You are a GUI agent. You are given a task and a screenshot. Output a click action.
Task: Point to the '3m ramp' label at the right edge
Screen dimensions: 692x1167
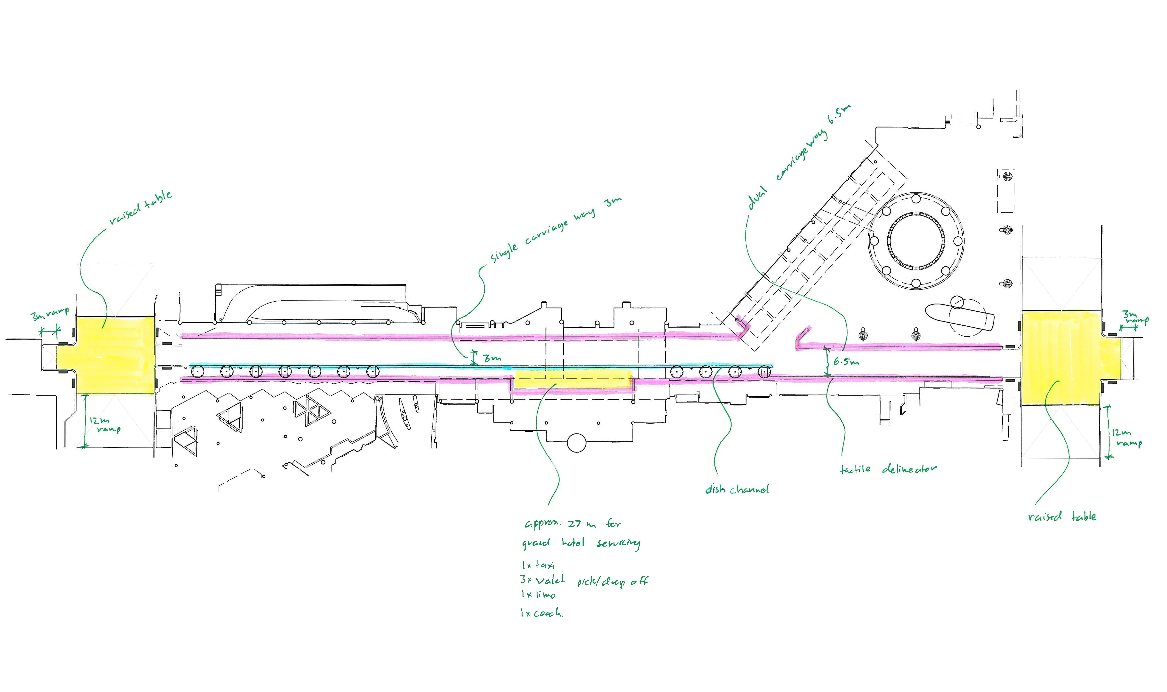tap(1135, 317)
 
